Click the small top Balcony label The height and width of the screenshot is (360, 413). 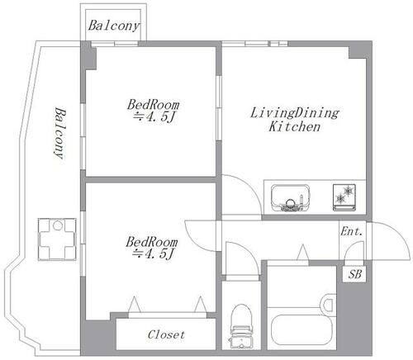[x=114, y=26]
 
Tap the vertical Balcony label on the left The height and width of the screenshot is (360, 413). [x=59, y=133]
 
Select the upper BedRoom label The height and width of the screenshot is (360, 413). [x=153, y=105]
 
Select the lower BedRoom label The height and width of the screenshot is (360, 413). [x=152, y=242]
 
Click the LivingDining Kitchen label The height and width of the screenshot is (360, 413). [x=295, y=120]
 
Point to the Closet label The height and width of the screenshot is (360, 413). [x=166, y=334]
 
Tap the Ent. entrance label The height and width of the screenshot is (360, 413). [x=352, y=231]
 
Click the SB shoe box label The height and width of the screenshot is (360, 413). [x=354, y=274]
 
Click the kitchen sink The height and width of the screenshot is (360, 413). [x=291, y=197]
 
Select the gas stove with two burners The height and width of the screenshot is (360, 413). [x=344, y=197]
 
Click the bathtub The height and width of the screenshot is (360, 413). [x=301, y=329]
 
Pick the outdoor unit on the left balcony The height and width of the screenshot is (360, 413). [x=57, y=239]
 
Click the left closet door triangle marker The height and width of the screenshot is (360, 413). [x=135, y=305]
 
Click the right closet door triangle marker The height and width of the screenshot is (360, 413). [x=201, y=305]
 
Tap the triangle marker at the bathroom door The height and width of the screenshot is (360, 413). [x=303, y=252]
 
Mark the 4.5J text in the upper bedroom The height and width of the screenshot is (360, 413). [x=154, y=117]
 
